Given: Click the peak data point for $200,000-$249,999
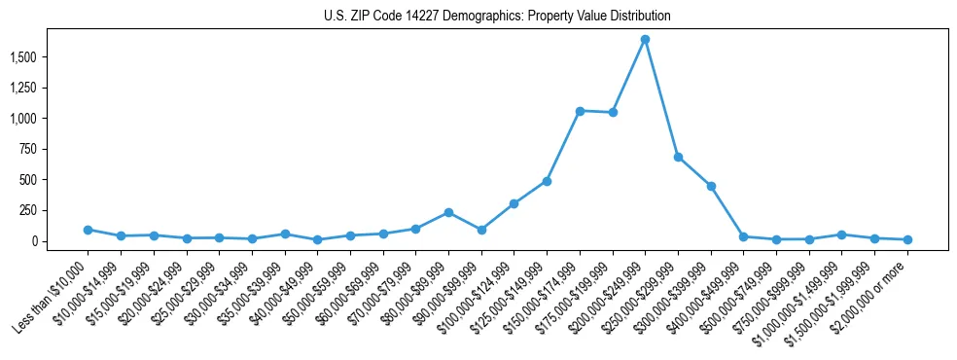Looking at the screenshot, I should coord(645,40).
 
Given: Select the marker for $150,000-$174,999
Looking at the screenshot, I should coord(580,111).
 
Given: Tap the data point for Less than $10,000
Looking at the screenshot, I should coord(88,230).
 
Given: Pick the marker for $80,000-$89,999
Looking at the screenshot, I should coord(448,212).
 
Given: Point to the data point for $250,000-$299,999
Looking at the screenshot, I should coord(678,157).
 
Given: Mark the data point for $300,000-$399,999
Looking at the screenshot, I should coord(711,186).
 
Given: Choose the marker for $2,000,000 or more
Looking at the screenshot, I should coord(907,239).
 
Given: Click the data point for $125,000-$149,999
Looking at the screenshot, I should coord(547,181).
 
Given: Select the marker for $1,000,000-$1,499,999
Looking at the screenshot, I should coord(842,234).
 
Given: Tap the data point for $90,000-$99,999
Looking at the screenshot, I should coord(481,230).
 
